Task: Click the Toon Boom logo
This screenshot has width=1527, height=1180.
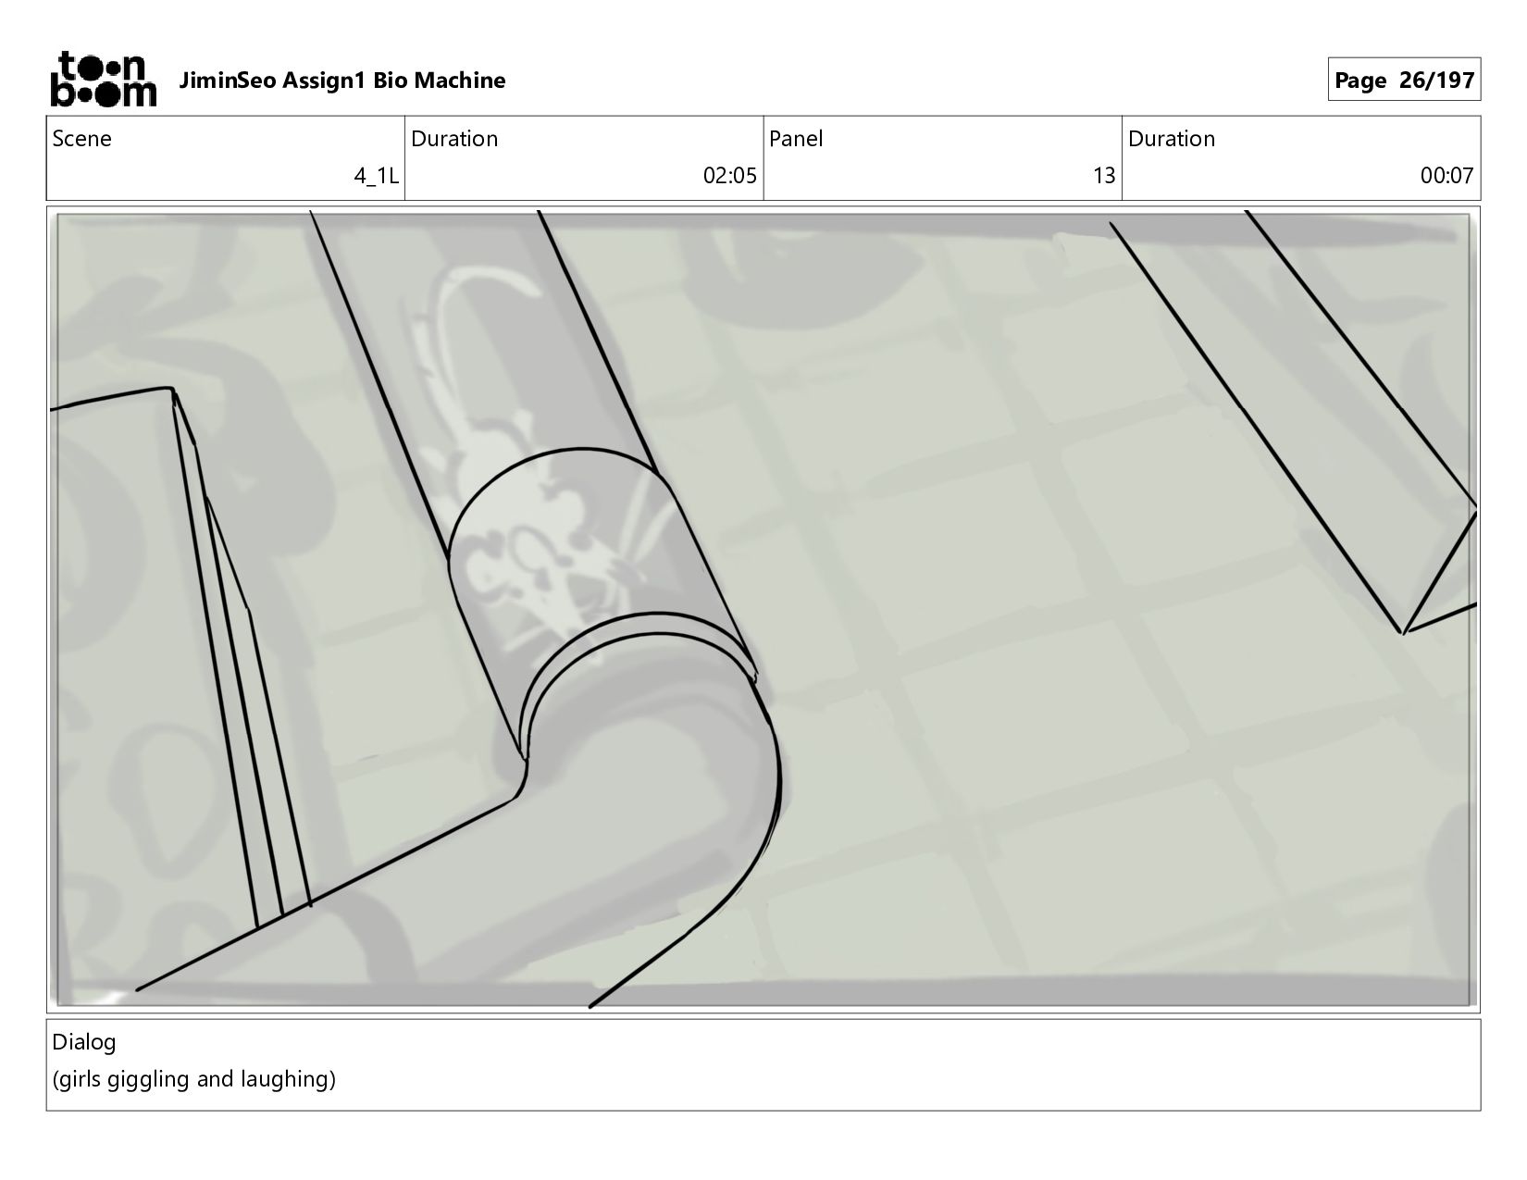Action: coord(104,79)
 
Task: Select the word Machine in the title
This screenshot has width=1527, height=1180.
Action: coord(460,81)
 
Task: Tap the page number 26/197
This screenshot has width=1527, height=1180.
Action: coord(1436,81)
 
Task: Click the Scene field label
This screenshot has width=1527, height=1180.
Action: coord(81,139)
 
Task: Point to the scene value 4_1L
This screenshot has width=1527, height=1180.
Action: coord(376,176)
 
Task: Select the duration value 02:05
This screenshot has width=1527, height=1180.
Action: coord(729,176)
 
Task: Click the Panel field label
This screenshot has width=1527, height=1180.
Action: coord(796,139)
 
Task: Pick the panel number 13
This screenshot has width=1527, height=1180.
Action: coord(1104,176)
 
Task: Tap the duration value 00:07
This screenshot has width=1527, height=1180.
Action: coord(1446,176)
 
